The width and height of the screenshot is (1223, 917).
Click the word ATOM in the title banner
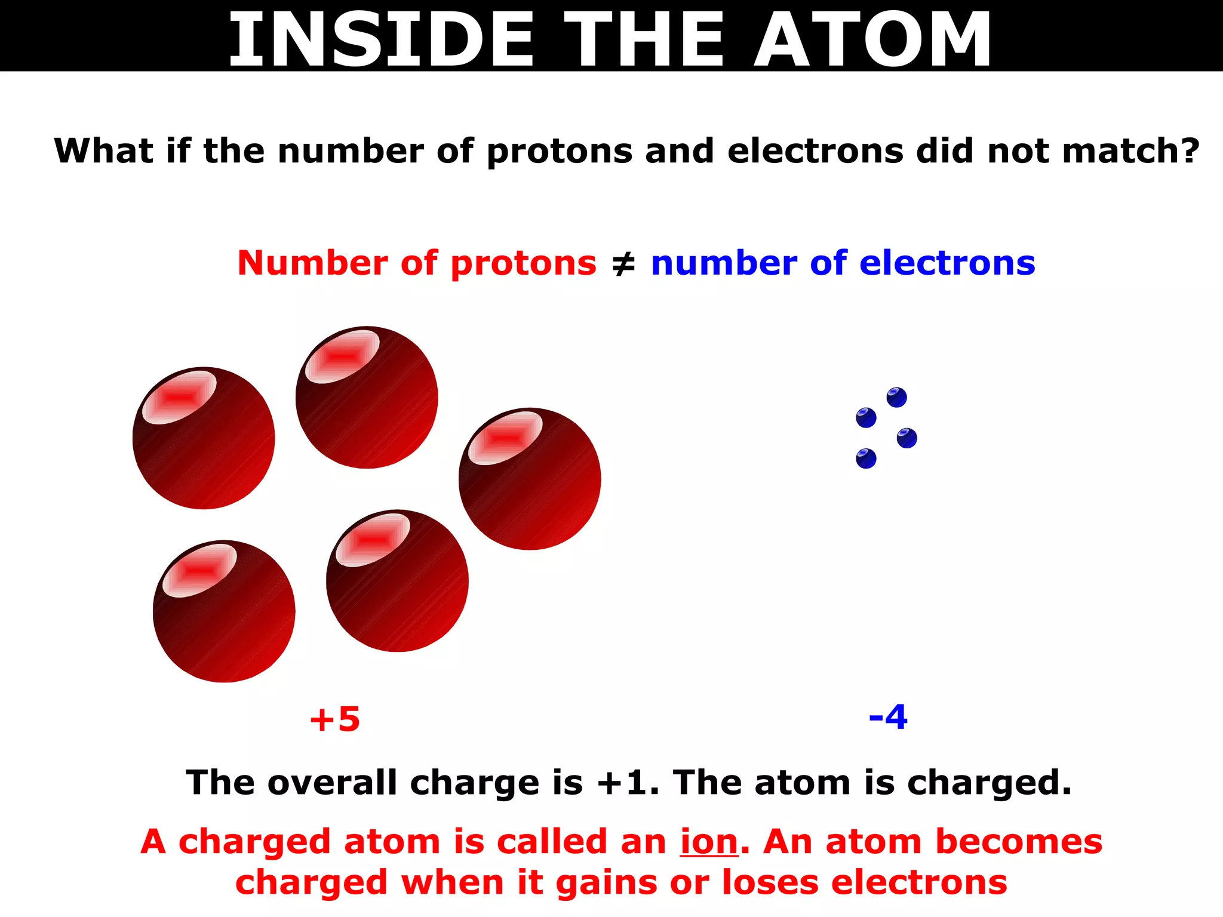pos(873,39)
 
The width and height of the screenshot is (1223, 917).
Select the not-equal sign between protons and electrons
pos(624,264)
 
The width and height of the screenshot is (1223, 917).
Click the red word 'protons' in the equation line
pos(523,264)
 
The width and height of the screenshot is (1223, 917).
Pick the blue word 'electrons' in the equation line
pos(947,264)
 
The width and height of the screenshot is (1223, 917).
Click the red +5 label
pos(335,719)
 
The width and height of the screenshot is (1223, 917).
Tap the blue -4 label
pos(888,717)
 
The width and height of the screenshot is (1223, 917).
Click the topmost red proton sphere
pos(367,398)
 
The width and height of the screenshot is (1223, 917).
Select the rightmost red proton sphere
pos(530,479)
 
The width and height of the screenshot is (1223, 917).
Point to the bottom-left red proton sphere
pos(224,611)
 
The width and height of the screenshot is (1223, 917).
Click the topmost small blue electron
pos(896,398)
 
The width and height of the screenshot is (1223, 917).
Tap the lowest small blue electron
pos(866,458)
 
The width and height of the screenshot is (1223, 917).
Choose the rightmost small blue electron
pos(907,438)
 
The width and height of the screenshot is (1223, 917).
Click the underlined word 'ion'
pos(709,842)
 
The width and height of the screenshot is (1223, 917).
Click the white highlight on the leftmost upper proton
pos(179,397)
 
